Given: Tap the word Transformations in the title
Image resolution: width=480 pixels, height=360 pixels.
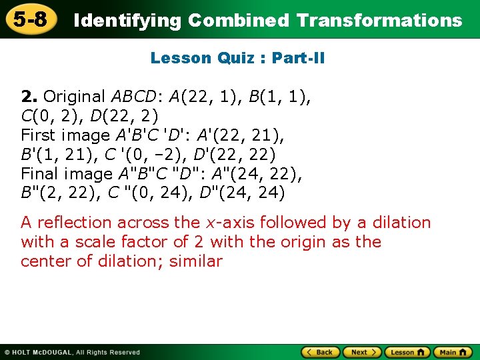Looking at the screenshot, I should click(379, 21).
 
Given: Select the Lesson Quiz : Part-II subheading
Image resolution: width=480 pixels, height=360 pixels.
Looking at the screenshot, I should click(238, 58).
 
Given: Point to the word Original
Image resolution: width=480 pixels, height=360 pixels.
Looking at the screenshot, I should click(74, 97).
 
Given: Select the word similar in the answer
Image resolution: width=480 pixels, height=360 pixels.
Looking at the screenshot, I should click(196, 261).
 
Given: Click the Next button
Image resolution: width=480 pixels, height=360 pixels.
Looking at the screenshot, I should click(363, 352).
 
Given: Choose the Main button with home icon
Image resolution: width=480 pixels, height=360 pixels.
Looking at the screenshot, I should click(453, 352).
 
